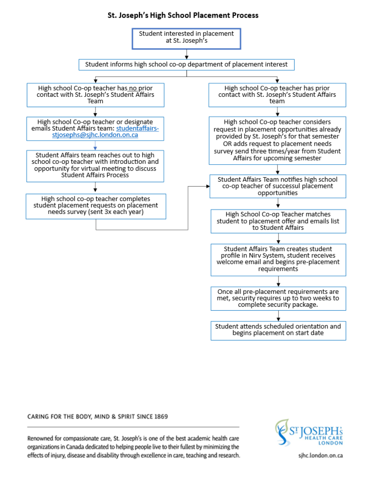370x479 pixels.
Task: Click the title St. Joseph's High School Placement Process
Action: click(x=183, y=15)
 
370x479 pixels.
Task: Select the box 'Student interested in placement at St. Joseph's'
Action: click(x=186, y=39)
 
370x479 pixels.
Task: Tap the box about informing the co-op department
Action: click(x=187, y=65)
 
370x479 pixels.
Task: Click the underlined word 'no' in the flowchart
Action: click(x=133, y=88)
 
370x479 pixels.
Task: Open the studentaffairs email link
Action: click(x=105, y=131)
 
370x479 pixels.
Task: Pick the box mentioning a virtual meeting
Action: click(x=95, y=166)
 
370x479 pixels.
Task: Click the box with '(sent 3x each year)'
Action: click(x=96, y=206)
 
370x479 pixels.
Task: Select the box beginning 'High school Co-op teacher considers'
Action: click(x=277, y=141)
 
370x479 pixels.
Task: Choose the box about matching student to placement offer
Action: click(x=278, y=221)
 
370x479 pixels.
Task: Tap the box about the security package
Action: click(x=278, y=299)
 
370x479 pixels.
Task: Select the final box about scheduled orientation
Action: click(x=278, y=331)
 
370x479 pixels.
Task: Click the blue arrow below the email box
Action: click(x=95, y=145)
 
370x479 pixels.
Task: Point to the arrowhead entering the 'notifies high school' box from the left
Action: click(x=208, y=186)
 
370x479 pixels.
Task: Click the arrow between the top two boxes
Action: click(x=187, y=54)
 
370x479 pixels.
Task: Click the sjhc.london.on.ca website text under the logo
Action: click(x=320, y=455)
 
